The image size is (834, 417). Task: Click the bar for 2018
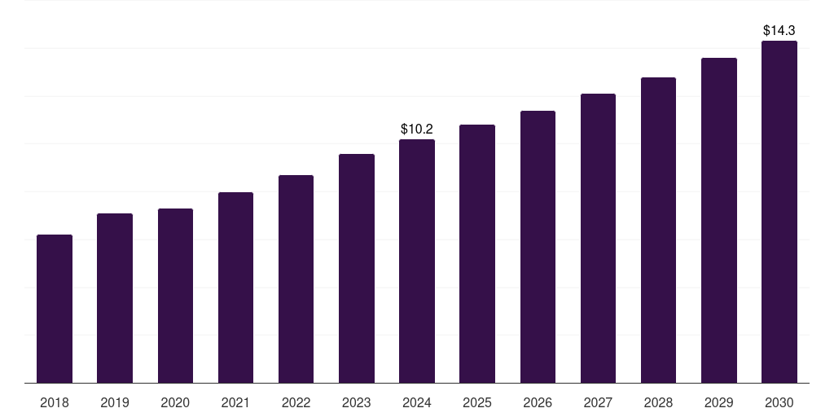(55, 309)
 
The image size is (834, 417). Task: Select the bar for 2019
(115, 298)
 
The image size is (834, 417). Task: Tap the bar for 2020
(175, 296)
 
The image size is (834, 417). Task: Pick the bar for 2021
(235, 288)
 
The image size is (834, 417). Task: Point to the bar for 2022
(296, 279)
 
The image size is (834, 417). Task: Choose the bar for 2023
(357, 269)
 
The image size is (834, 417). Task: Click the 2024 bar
(417, 261)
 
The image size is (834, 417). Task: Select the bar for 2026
(538, 247)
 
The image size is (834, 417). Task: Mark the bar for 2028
(658, 230)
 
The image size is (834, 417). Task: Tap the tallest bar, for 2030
(779, 212)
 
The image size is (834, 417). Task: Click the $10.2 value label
(417, 129)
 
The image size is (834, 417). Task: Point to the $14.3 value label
(779, 30)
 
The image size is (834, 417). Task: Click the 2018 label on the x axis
(55, 403)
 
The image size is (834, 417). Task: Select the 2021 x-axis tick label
(235, 403)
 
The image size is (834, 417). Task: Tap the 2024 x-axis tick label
(417, 403)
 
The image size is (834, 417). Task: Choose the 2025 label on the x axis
(477, 403)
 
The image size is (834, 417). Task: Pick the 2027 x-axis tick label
(598, 403)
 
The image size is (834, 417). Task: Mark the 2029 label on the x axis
(719, 403)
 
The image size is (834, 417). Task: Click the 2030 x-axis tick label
(779, 403)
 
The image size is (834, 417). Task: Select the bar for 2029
(719, 221)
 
